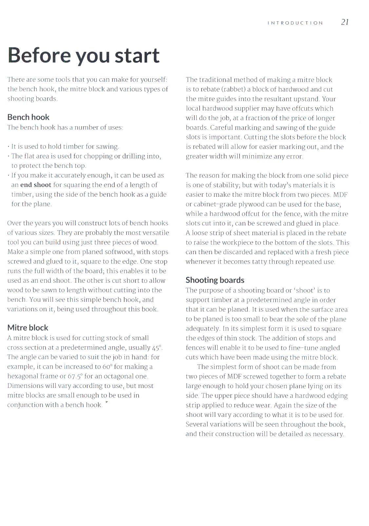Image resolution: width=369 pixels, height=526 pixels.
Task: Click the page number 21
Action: tap(345, 22)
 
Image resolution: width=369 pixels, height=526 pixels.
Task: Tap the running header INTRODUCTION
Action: tap(295, 23)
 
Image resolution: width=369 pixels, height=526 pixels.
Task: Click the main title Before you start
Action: tap(84, 55)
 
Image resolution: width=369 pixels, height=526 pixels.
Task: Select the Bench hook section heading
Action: tap(28, 117)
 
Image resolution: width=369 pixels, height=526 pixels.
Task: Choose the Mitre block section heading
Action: tap(28, 328)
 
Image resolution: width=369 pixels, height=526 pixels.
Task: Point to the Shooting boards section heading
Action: tap(215, 280)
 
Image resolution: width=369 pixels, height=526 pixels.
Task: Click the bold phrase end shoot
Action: tap(36, 185)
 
